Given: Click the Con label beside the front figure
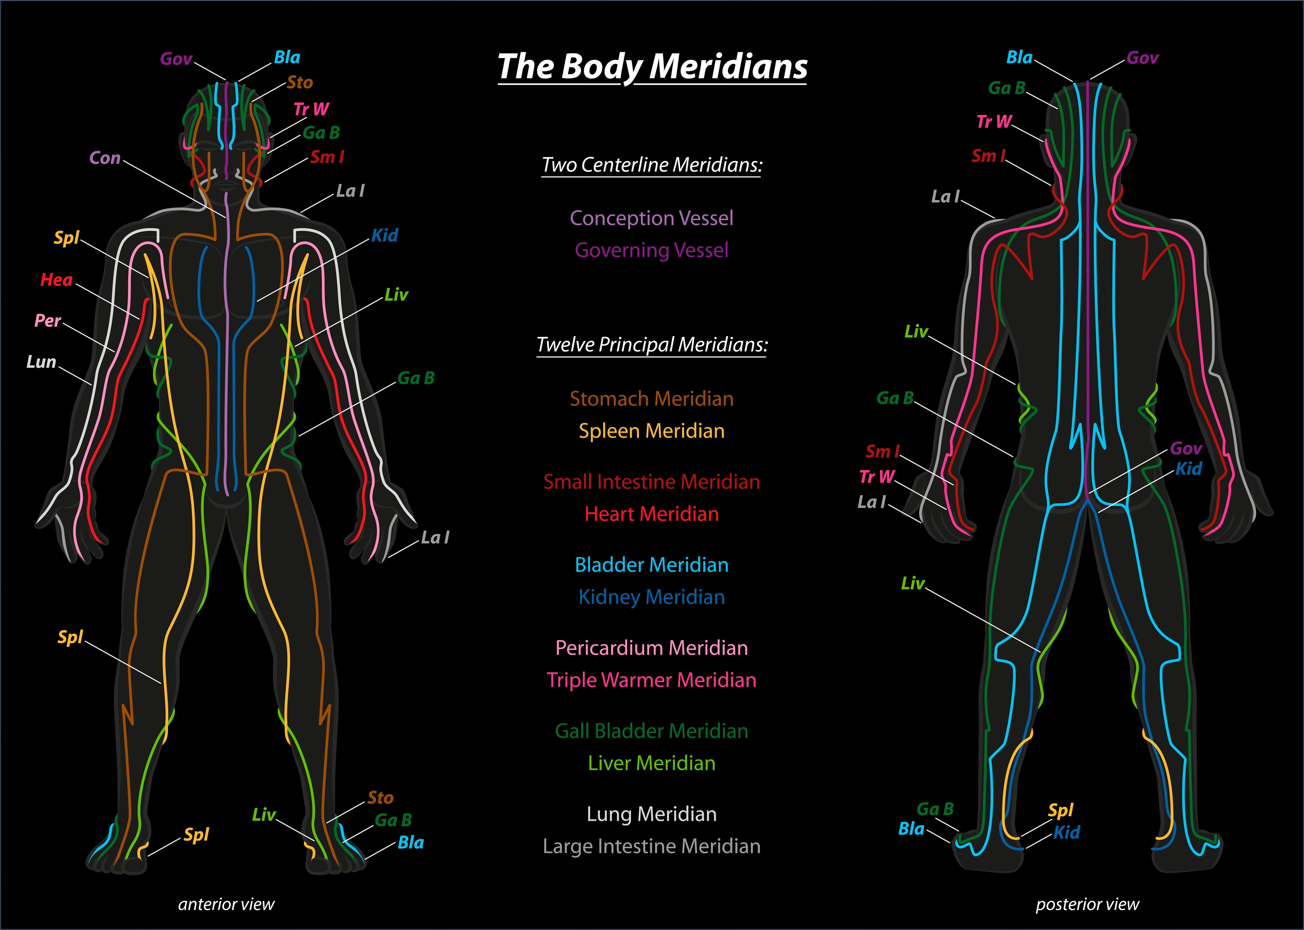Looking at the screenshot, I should tap(105, 158).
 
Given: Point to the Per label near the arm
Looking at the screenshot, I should tap(47, 321).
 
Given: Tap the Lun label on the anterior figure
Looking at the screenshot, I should tap(41, 362).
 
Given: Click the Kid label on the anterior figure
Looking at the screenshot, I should tap(384, 235).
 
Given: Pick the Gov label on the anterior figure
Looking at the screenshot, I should tap(176, 59).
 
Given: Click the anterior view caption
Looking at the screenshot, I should tap(226, 904).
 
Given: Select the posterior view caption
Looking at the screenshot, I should tap(1087, 904).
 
